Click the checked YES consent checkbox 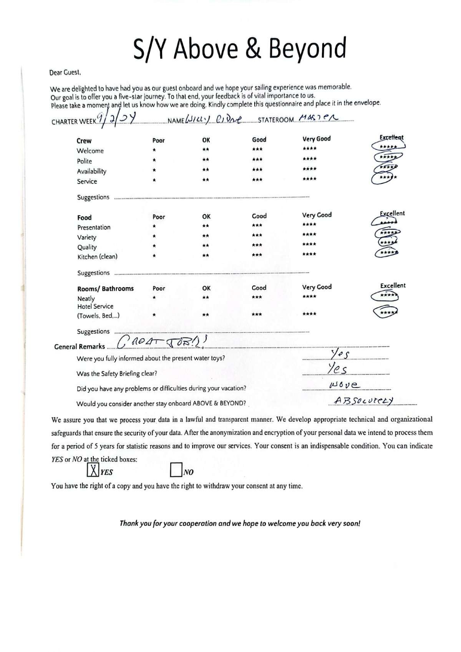[92, 470]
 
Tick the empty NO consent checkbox [176, 470]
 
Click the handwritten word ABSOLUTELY [363, 400]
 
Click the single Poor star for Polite [154, 160]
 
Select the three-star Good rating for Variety [257, 235]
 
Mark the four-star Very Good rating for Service [310, 179]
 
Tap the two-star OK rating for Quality [206, 245]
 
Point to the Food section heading [85, 218]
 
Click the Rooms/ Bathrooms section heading [105, 289]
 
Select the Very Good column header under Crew [317, 139]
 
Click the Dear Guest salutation [65, 72]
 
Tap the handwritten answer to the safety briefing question [338, 369]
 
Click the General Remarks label [80, 347]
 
